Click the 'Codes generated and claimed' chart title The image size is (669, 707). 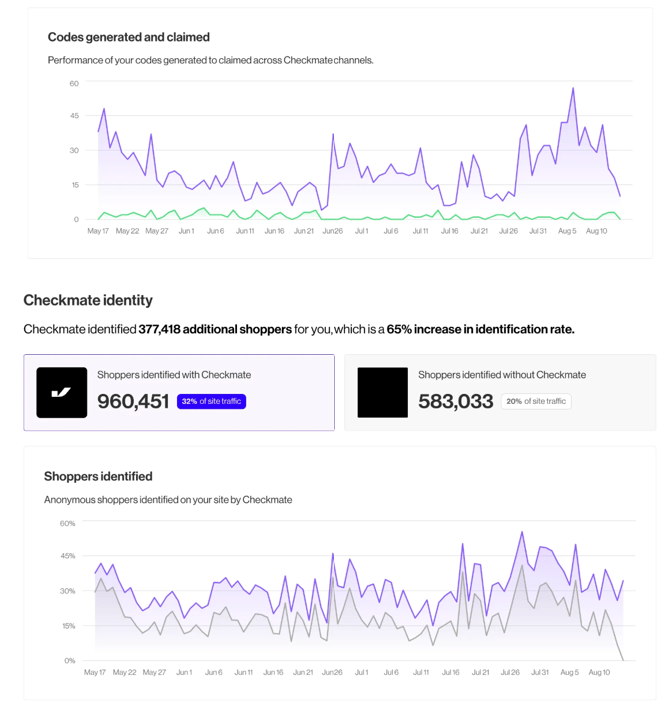pos(128,37)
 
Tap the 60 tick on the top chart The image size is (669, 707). pos(74,83)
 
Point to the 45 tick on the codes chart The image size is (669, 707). pos(74,117)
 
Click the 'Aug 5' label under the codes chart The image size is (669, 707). pos(567,231)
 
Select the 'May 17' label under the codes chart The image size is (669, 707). pos(98,231)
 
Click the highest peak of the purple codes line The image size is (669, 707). pos(572,89)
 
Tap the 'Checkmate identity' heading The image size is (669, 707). pos(88,300)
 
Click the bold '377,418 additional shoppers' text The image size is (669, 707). pos(215,329)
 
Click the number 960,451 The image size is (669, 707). pos(133,401)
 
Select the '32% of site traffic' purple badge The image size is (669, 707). pos(211,401)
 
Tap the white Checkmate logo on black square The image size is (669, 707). pos(62,392)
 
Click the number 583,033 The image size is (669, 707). pos(455,401)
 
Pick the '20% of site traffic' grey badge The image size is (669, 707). pos(536,401)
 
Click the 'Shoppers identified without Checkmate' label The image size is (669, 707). pos(502,375)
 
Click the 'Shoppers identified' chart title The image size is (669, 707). pos(98,476)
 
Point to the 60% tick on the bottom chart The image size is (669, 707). pos(68,523)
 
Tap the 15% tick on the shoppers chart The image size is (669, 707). pos(68,626)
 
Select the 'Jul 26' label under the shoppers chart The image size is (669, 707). pos(509,672)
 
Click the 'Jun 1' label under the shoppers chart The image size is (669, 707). pos(184,672)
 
